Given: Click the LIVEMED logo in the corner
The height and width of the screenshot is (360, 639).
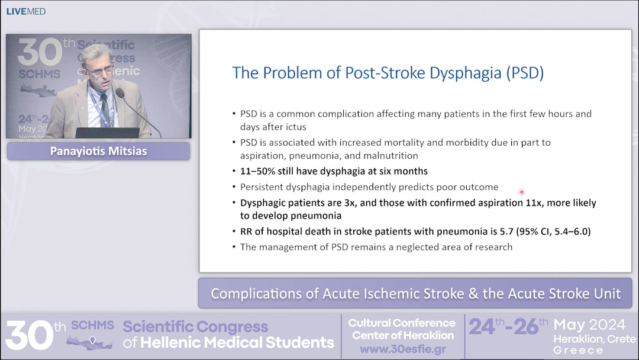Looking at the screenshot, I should [25, 11].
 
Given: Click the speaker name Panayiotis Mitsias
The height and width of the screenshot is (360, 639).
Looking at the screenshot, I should [98, 152].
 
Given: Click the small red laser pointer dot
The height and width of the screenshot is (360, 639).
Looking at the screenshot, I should [521, 192].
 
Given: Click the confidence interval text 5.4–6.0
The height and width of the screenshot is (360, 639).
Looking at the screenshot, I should [568, 232].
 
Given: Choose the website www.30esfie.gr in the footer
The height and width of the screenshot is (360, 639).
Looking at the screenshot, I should [402, 349].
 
